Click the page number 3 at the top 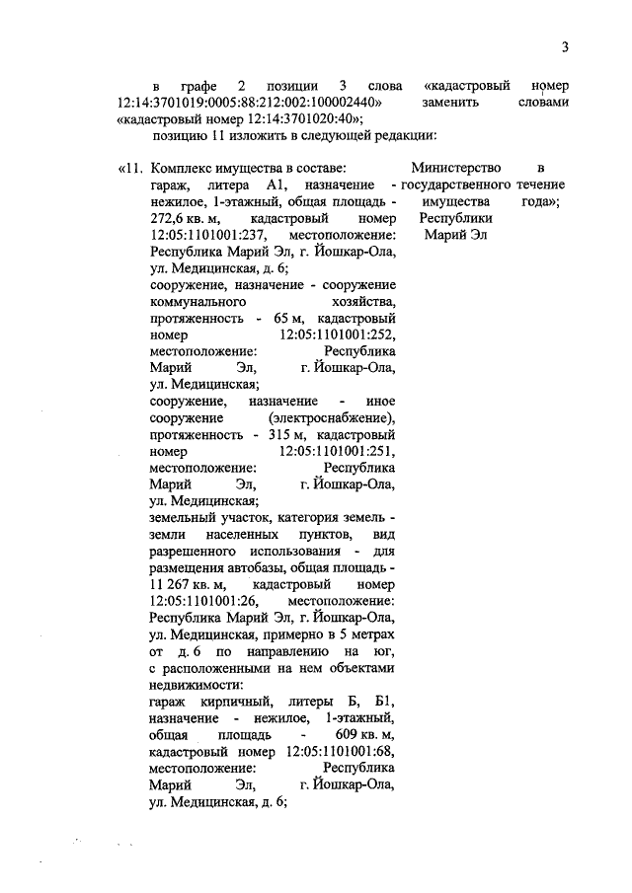pyautogui.click(x=565, y=47)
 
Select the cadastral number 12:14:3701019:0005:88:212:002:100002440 pyautogui.click(x=246, y=102)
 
